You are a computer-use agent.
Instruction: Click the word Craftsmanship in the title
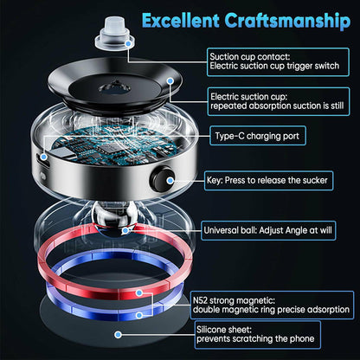(287, 22)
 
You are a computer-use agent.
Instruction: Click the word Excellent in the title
(180, 21)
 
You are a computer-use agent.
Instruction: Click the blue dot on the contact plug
(129, 44)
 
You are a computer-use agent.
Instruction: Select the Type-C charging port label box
(258, 136)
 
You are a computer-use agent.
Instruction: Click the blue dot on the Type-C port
(44, 157)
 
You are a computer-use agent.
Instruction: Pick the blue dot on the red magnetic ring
(139, 293)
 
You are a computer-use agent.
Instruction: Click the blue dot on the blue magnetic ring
(139, 315)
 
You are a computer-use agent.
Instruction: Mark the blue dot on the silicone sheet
(118, 335)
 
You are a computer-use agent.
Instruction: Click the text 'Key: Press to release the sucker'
(267, 181)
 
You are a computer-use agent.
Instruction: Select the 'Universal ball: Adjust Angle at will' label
(268, 230)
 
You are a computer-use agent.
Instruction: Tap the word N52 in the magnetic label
(200, 300)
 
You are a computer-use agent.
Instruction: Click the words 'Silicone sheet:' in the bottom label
(224, 330)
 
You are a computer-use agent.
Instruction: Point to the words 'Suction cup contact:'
(250, 57)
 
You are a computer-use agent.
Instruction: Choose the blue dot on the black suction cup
(170, 81)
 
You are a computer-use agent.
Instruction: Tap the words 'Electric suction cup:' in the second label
(249, 97)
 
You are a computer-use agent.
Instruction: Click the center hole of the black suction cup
(114, 87)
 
